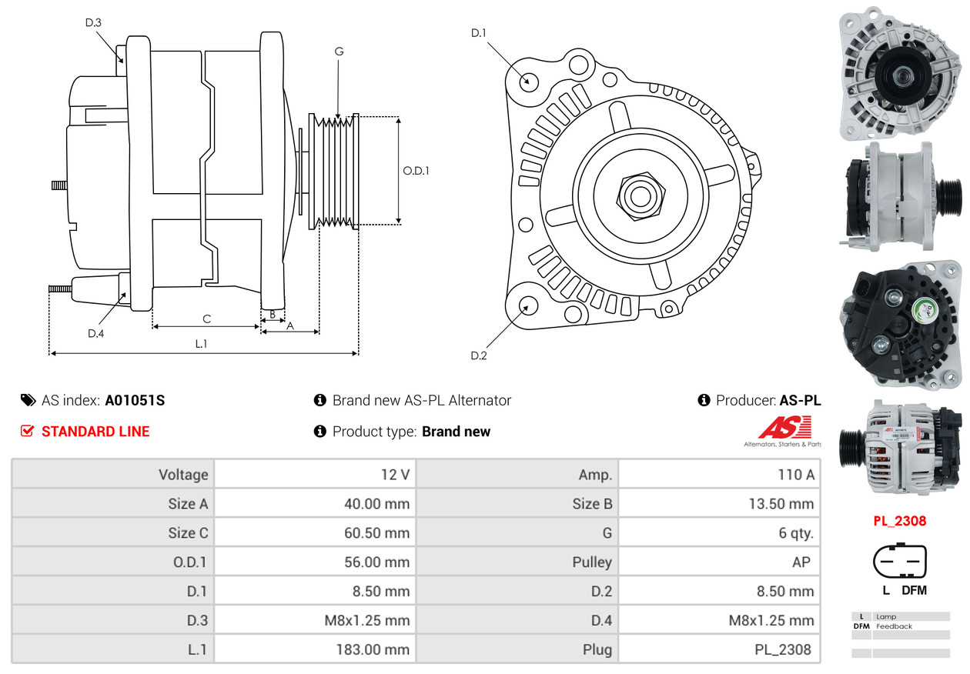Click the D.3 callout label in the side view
(x=93, y=22)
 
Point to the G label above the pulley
(x=339, y=52)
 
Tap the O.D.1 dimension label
(x=416, y=170)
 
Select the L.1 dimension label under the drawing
(x=201, y=344)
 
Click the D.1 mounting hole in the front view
(x=528, y=81)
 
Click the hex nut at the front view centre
(x=639, y=195)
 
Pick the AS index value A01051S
(x=135, y=400)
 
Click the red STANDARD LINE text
(x=95, y=432)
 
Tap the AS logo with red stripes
(x=784, y=428)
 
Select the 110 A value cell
(x=719, y=475)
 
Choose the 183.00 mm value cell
(x=315, y=649)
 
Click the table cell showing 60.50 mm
(x=315, y=532)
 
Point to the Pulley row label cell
(x=517, y=562)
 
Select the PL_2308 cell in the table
(x=719, y=649)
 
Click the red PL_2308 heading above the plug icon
(x=899, y=521)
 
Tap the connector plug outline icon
(x=899, y=563)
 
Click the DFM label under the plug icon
(x=914, y=591)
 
